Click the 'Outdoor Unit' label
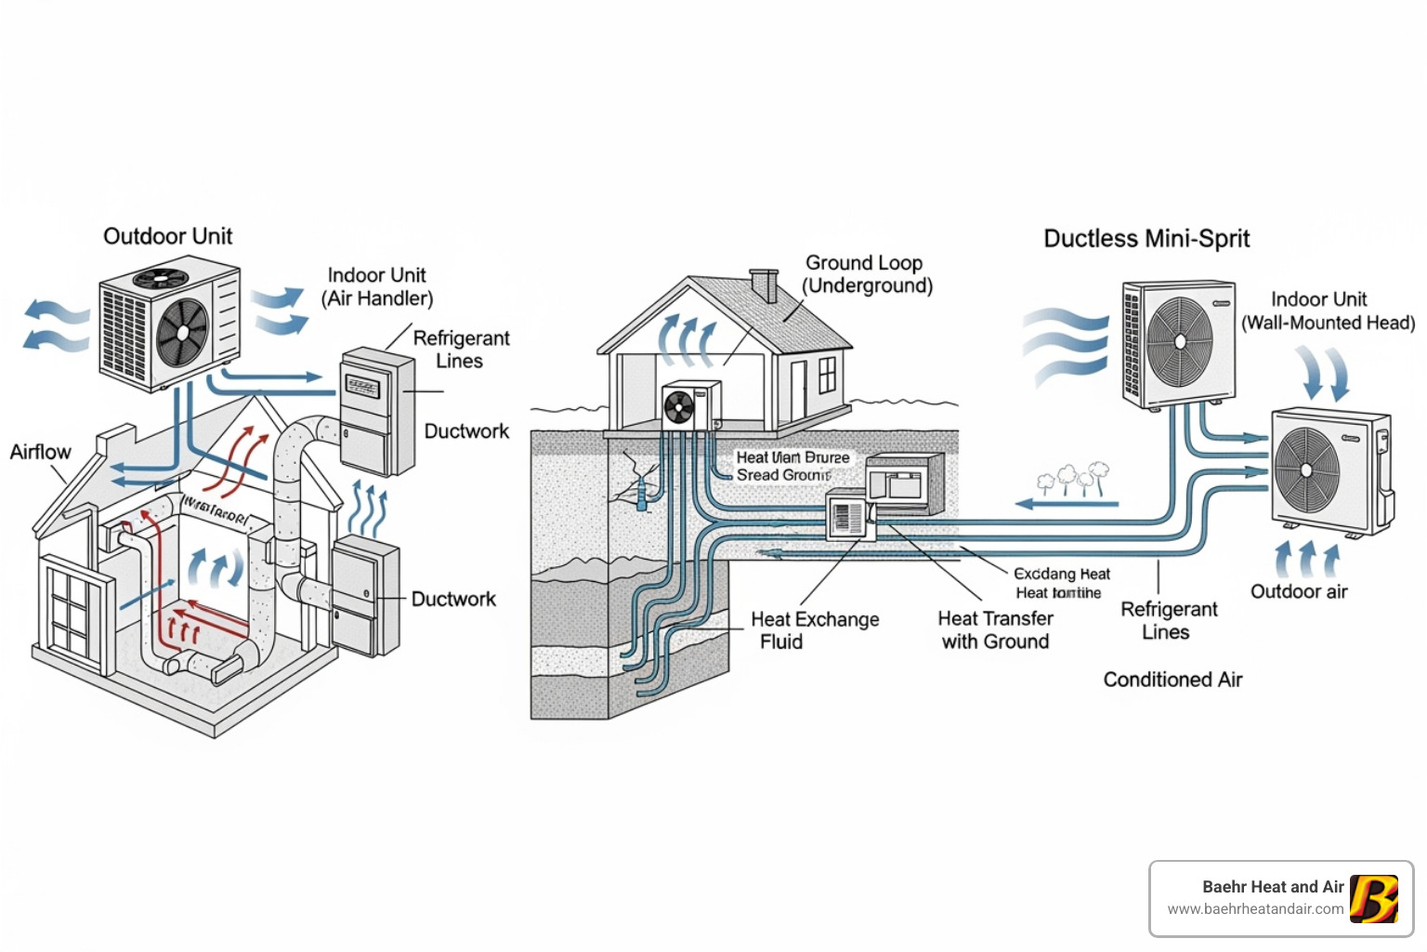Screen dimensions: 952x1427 [167, 236]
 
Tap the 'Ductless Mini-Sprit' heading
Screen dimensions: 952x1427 [1146, 239]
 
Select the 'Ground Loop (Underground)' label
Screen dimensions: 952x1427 [867, 274]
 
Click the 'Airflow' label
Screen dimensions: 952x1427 [40, 452]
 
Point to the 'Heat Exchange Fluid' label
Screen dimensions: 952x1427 [814, 630]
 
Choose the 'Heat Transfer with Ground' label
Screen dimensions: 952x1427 [995, 630]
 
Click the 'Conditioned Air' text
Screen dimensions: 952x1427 [1172, 680]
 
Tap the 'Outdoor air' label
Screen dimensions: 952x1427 [1298, 591]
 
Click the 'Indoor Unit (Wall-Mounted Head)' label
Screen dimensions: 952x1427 [1327, 311]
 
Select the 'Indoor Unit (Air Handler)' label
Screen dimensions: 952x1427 [377, 286]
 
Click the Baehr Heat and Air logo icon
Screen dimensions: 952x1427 [1374, 899]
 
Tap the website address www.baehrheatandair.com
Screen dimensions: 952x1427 [1255, 909]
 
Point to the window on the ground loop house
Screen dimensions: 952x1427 [827, 375]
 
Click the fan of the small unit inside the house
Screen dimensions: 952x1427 [679, 408]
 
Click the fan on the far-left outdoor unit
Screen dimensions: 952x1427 [183, 333]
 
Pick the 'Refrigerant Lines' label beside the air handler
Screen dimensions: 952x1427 [461, 350]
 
